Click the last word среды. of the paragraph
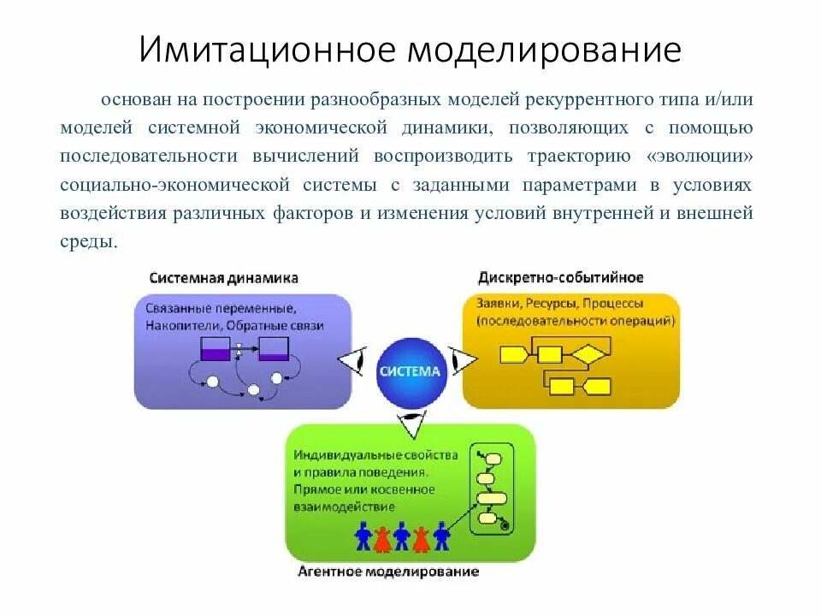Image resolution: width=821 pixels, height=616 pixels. click(88, 241)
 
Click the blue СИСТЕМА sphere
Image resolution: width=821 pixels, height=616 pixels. click(410, 371)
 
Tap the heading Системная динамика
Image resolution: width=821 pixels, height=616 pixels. click(224, 278)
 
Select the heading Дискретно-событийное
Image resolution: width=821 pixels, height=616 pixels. click(561, 278)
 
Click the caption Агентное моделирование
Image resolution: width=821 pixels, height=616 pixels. click(388, 571)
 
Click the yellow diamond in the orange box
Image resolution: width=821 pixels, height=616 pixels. click(588, 352)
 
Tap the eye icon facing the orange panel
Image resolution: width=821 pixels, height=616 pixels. click(462, 362)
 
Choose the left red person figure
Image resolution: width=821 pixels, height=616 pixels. click(383, 536)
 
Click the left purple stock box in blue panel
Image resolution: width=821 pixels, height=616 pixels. click(215, 349)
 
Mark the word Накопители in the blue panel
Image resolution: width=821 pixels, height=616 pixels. click(176, 326)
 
